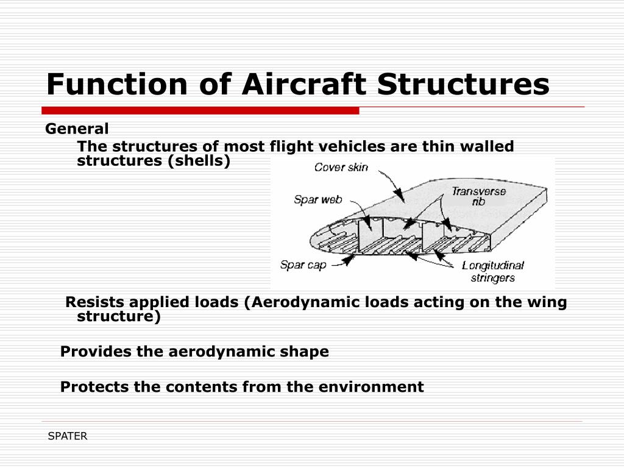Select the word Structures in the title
(463, 84)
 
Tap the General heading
(77, 129)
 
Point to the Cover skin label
(341, 167)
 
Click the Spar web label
(317, 199)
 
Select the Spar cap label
(303, 265)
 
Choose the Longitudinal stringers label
(492, 272)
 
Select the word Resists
(95, 302)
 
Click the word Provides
(90, 352)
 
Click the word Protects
(89, 387)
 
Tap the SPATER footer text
(68, 436)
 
